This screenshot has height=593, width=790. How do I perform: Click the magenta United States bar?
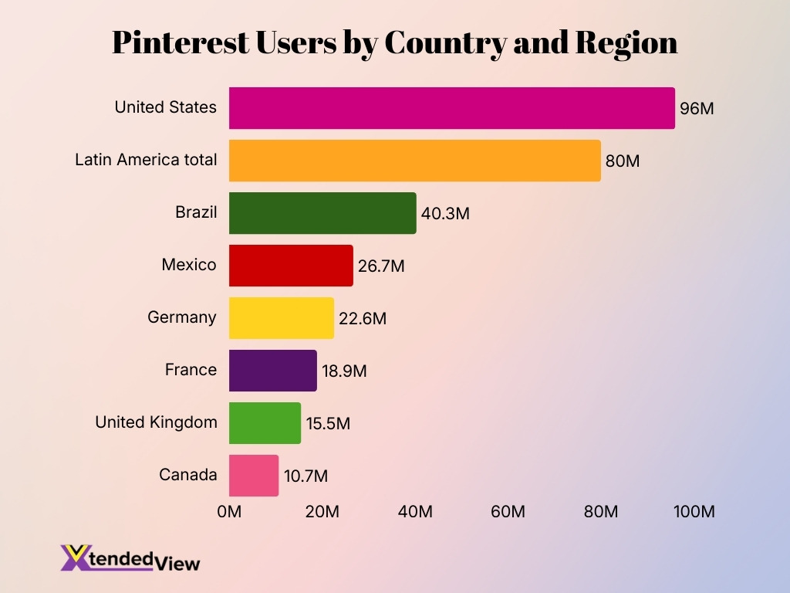[x=451, y=108]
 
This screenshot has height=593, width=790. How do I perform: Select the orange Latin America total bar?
[x=414, y=161]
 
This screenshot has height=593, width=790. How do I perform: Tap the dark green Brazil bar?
[x=322, y=213]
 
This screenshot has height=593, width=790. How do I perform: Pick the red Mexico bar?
[x=291, y=266]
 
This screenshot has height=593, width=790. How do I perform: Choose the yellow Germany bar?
[x=282, y=318]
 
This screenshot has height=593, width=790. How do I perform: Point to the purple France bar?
[x=272, y=371]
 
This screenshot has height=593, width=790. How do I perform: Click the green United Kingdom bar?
[x=265, y=423]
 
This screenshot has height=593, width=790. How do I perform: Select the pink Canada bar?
[x=254, y=476]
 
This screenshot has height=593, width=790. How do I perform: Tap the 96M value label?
[x=697, y=109]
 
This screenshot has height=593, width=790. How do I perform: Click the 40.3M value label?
[x=445, y=214]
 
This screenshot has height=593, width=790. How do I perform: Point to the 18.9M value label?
[x=344, y=371]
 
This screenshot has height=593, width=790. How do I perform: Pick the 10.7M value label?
[x=306, y=476]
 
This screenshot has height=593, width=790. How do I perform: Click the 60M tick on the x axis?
[x=508, y=512]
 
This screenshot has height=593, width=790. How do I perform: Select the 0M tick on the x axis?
[x=229, y=512]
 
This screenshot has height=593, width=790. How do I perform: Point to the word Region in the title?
[x=626, y=43]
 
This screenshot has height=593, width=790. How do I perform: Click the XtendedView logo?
[x=130, y=558]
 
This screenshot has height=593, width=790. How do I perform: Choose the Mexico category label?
[x=189, y=265]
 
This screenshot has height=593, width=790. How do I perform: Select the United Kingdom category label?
[x=156, y=422]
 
